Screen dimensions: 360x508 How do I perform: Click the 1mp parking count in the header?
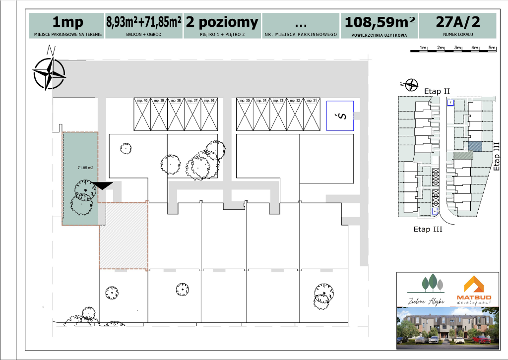click(x=68, y=22)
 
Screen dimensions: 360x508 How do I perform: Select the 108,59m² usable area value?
click(x=380, y=23)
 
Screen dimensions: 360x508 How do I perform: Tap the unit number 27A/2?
click(x=457, y=22)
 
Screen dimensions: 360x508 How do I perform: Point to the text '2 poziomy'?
click(x=222, y=22)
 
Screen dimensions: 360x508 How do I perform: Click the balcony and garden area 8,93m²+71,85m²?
click(x=144, y=22)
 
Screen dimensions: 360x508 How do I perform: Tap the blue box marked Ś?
click(x=340, y=116)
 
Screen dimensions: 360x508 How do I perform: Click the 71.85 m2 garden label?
click(x=85, y=168)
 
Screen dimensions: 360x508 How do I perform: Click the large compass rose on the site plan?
click(x=49, y=73)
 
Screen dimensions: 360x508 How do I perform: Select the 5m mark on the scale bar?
click(x=492, y=48)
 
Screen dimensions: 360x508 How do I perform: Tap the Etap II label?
click(x=437, y=91)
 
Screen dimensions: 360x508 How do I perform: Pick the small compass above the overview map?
click(x=411, y=85)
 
